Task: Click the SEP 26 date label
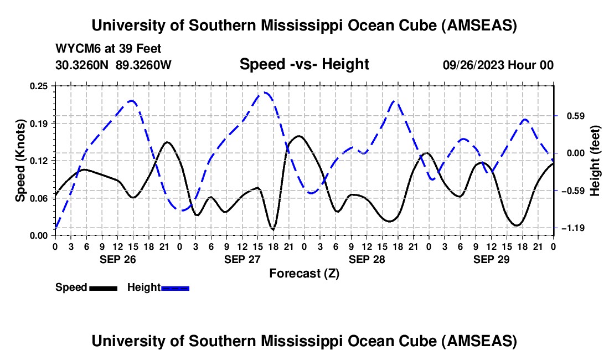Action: tap(117, 259)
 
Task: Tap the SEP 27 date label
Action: tap(242, 259)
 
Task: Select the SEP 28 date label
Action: tap(367, 259)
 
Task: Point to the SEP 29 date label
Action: tap(492, 259)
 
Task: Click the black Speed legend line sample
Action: tap(103, 287)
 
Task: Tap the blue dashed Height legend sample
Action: tap(176, 287)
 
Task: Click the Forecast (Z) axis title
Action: tap(304, 273)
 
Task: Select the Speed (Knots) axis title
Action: tap(20, 161)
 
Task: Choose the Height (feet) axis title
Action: tap(595, 161)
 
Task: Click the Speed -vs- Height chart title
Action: tap(304, 64)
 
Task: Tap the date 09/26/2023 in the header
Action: tap(473, 65)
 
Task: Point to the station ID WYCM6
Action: tap(74, 49)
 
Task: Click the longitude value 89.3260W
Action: tap(144, 65)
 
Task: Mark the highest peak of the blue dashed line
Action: tap(265, 92)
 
